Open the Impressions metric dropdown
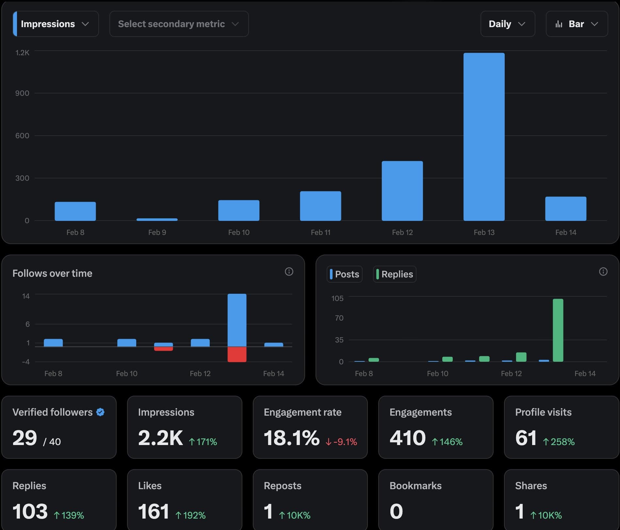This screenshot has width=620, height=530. pos(56,24)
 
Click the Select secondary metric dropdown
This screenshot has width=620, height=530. pos(179,24)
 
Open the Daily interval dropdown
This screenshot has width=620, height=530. pos(507,24)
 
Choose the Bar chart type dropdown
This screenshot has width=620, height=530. pos(577,24)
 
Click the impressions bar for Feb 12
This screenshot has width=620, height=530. pos(402,191)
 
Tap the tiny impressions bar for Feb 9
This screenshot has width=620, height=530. pos(157,220)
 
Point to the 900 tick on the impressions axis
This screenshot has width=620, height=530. pos(22,93)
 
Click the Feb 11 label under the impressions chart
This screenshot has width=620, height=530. pos(320,232)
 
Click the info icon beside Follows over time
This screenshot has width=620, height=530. pos(289,272)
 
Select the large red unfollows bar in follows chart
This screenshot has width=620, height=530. pos(237,354)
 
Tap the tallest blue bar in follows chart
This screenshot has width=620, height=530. pos(237,320)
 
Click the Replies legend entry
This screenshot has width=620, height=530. pos(395,274)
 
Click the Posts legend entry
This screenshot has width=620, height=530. pos(345,274)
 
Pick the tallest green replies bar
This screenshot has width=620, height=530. pos(558,330)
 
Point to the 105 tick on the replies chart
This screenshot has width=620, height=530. pos(337,298)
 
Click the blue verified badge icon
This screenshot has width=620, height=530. pos(100,412)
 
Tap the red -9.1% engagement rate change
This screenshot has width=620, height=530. pos(341,442)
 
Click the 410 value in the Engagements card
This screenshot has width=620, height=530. pos(407,438)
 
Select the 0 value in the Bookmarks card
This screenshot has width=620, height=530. pos(396,511)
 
